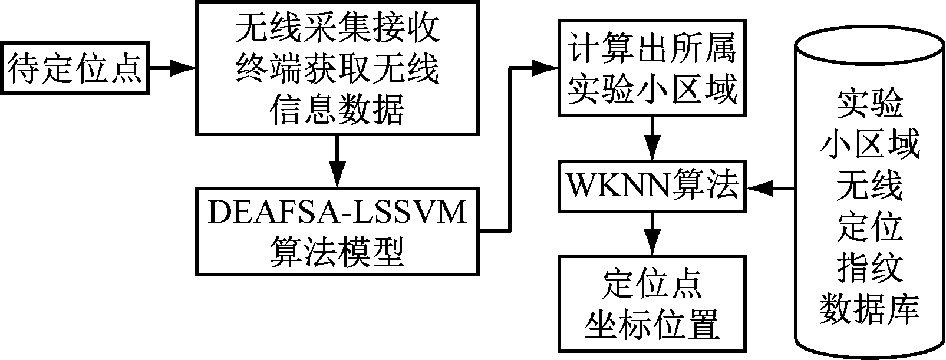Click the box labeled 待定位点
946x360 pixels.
point(75,68)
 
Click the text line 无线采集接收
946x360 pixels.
point(337,29)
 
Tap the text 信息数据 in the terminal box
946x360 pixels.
point(337,110)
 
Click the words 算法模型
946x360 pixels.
point(337,252)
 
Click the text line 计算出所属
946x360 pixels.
point(651,49)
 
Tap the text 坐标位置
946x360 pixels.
point(651,324)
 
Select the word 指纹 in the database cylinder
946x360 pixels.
point(869,268)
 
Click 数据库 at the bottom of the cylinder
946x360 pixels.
point(869,309)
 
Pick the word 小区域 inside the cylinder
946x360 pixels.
point(869,144)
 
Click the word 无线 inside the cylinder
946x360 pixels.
point(869,186)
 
